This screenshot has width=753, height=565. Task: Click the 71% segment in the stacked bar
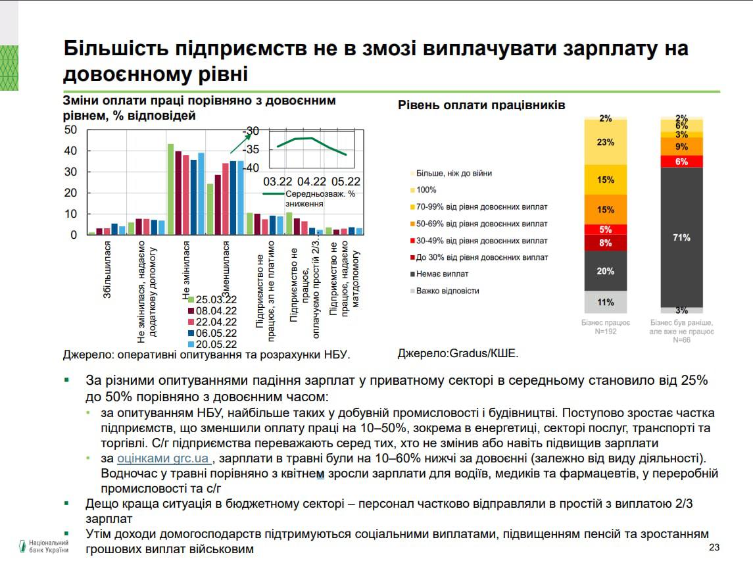[681, 237]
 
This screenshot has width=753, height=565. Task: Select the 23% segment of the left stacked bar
[606, 142]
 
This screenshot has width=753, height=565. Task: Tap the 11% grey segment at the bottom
[606, 303]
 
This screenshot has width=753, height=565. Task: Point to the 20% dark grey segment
[606, 271]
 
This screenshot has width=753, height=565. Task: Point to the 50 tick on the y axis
[71, 130]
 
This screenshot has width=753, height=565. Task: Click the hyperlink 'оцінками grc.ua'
[164, 458]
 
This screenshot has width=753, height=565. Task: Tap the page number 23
[715, 548]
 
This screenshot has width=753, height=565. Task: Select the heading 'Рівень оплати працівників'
[481, 105]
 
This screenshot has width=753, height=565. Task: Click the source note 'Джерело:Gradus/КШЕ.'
[458, 353]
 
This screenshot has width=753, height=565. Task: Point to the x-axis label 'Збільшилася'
[107, 279]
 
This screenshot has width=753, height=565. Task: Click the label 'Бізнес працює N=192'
[606, 327]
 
